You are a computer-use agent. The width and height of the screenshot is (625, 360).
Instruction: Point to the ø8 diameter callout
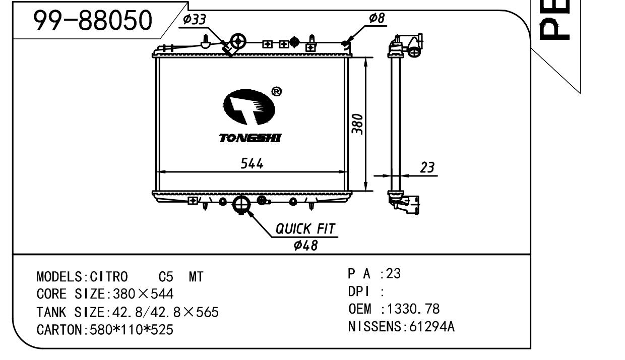[x=377, y=18]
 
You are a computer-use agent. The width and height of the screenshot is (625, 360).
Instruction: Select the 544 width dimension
[x=252, y=164]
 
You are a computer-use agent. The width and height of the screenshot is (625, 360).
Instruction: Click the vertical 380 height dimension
[x=357, y=123]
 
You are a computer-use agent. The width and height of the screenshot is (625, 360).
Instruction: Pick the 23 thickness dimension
[x=427, y=167]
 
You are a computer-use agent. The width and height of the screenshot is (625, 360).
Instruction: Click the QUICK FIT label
[x=305, y=229]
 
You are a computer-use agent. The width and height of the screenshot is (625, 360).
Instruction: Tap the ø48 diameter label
[x=305, y=246]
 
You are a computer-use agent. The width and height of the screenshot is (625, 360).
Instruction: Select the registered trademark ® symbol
[x=277, y=91]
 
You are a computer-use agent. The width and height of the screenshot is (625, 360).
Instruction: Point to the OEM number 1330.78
[x=413, y=309]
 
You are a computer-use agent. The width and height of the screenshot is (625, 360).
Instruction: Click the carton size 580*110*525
[x=131, y=330]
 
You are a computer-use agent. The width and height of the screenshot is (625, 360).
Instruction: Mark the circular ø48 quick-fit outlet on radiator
[x=242, y=204]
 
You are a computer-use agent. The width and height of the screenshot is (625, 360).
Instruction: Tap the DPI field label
[x=359, y=291]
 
